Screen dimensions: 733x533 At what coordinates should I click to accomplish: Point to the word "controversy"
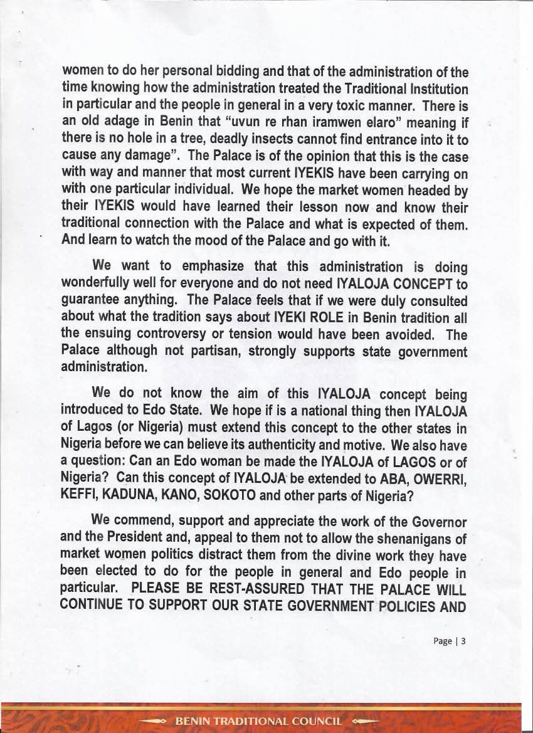(172, 335)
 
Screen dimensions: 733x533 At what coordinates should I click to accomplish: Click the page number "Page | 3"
(450, 641)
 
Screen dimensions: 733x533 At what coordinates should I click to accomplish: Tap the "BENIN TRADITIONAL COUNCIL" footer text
(258, 721)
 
